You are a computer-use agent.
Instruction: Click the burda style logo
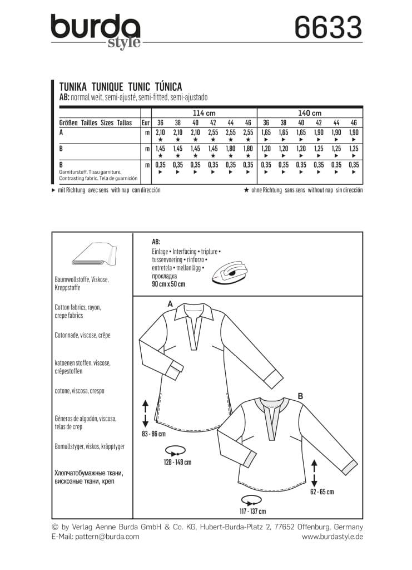95,31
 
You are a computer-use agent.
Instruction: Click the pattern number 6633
329,27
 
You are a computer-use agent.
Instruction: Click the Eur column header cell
145,123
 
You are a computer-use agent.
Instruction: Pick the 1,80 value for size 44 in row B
231,149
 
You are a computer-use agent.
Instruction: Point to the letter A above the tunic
170,303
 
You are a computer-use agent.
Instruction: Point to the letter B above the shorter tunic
300,396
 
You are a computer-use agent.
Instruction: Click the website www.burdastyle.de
332,537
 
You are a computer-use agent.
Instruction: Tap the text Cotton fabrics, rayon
77,307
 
